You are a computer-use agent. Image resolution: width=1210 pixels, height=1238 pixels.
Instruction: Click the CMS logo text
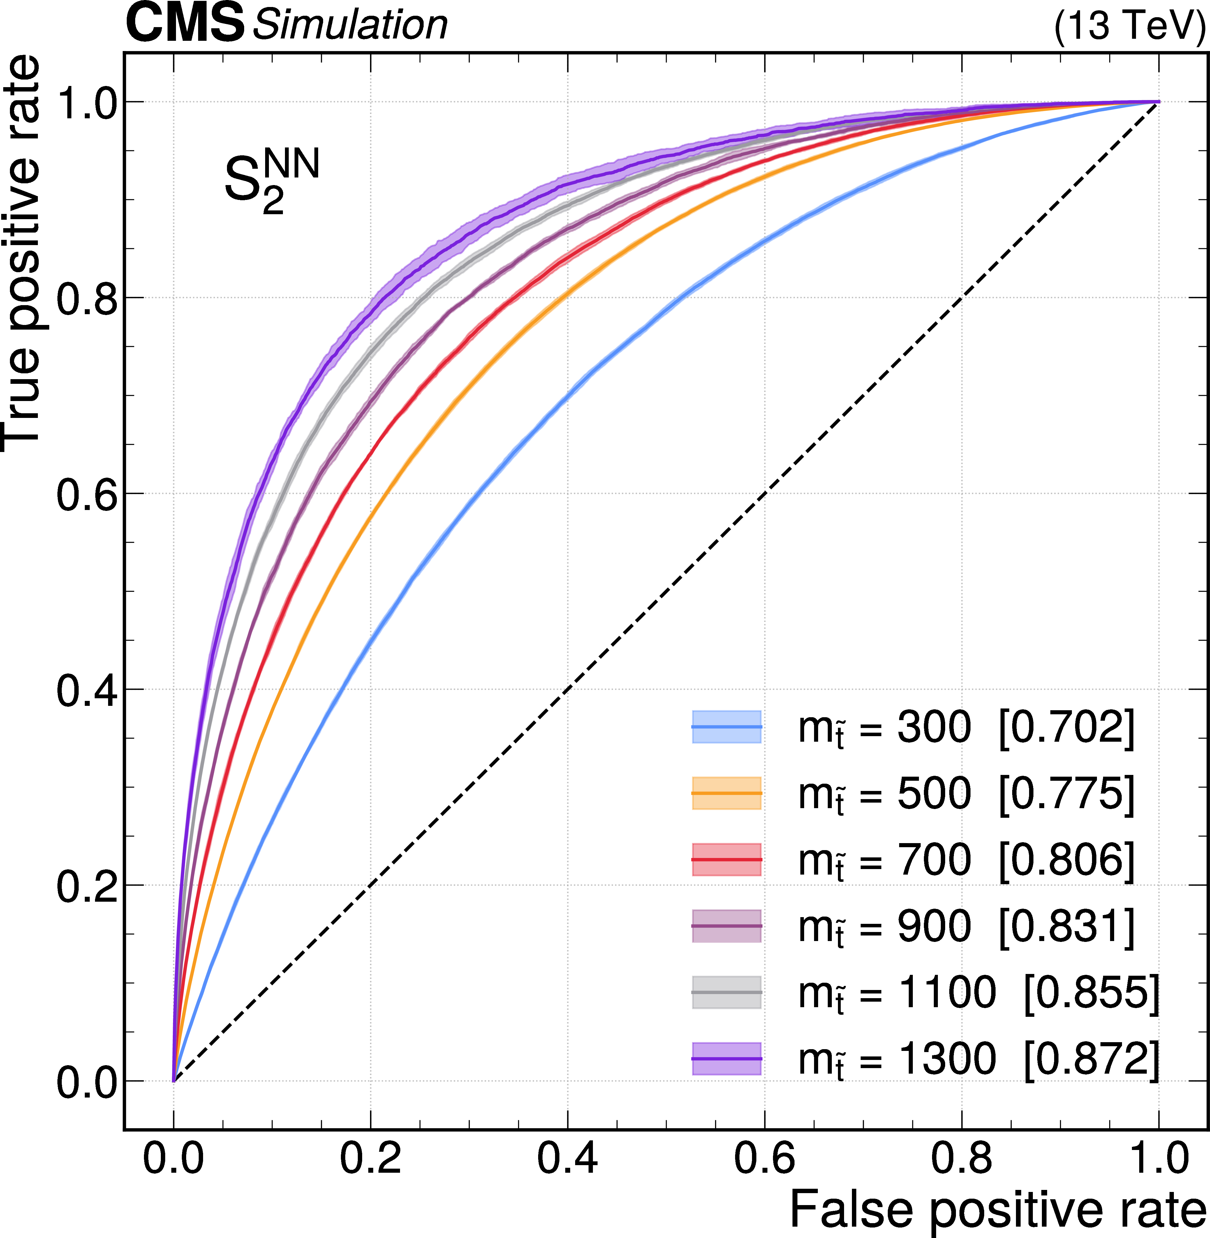(184, 24)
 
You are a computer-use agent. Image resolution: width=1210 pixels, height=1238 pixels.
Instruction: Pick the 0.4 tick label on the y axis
(88, 690)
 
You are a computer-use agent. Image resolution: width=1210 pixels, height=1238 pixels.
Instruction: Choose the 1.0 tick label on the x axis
(1158, 1158)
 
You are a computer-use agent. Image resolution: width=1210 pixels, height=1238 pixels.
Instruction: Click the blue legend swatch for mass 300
(726, 727)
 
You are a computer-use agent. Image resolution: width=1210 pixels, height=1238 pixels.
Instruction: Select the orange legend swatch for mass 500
(726, 793)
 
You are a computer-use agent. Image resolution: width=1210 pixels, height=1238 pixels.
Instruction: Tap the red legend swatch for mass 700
(726, 859)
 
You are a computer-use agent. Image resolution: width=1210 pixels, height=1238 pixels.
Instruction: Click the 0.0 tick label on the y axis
(88, 1081)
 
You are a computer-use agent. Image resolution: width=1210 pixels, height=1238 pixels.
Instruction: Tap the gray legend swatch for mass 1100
(726, 992)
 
